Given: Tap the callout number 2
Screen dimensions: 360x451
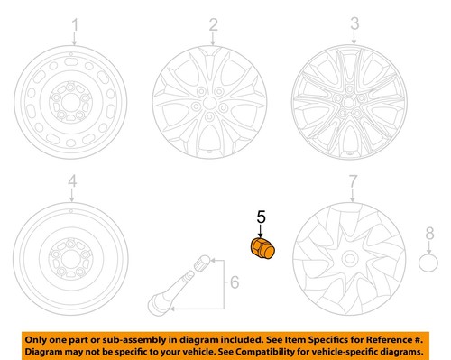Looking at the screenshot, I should [214, 23].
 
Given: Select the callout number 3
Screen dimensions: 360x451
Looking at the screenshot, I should [355, 23].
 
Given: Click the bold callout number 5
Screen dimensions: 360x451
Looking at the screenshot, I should [262, 217].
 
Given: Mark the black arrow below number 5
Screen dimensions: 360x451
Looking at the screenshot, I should [262, 230].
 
